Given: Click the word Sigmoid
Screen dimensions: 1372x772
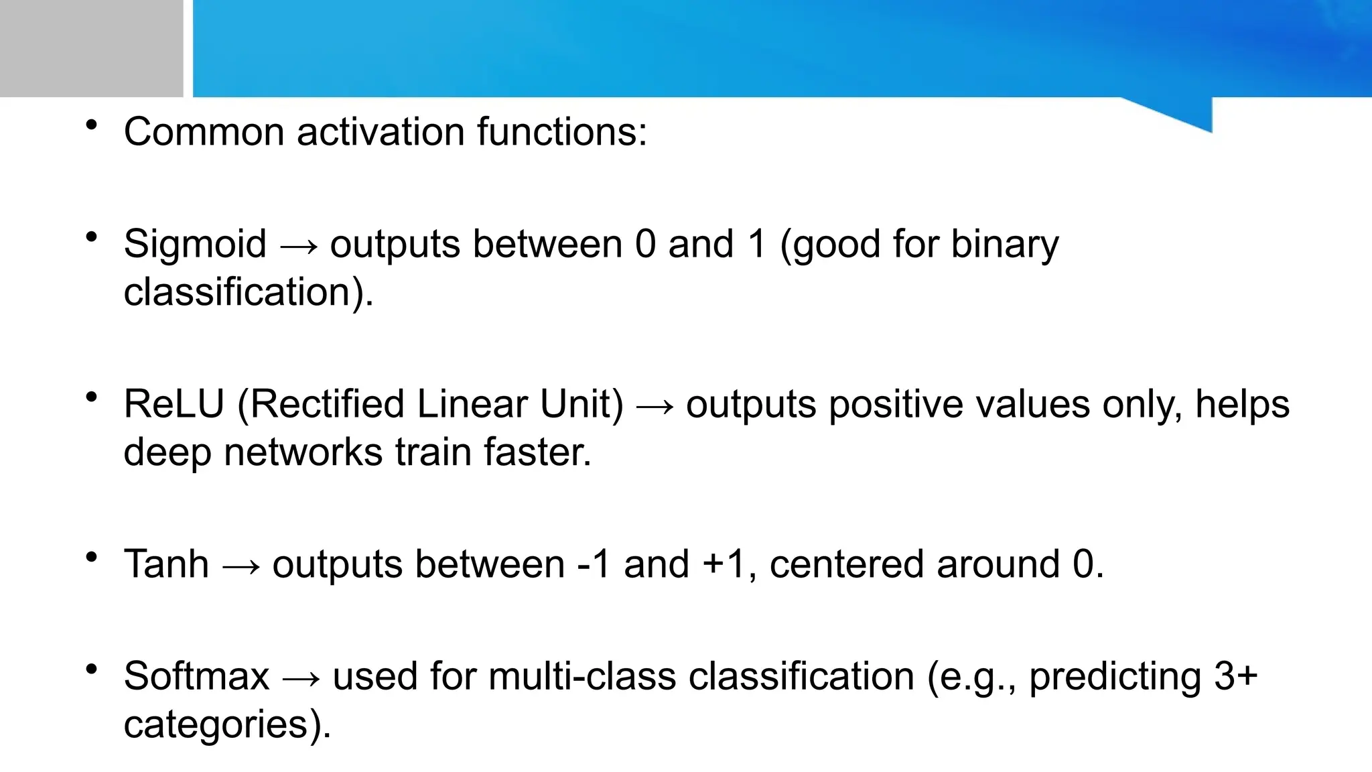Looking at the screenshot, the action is click(x=195, y=244).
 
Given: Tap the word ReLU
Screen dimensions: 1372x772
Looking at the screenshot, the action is click(x=174, y=404).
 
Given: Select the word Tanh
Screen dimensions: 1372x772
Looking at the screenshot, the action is click(x=166, y=564).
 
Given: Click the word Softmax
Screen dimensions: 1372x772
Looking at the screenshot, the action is click(x=196, y=675).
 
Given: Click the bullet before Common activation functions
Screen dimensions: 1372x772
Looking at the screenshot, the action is click(x=92, y=125).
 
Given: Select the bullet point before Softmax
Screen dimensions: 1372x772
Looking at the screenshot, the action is click(x=92, y=669).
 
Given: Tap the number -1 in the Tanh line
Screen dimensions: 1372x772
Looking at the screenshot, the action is click(x=594, y=564).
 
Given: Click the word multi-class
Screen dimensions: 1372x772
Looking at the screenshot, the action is click(x=582, y=675).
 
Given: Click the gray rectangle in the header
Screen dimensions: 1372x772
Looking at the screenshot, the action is click(x=91, y=48).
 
